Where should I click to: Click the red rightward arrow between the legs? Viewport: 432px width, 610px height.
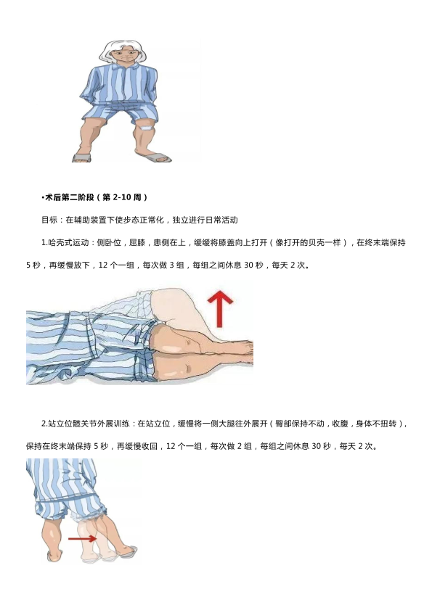coord(82,538)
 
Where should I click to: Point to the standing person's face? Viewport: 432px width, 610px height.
coord(123,54)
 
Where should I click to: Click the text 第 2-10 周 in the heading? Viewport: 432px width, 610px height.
coord(121,197)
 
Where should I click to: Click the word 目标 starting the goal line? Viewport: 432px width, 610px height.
coord(49,220)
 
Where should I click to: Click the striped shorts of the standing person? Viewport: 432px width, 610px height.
coord(121,110)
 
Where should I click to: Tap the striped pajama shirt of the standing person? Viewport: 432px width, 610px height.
coord(121,83)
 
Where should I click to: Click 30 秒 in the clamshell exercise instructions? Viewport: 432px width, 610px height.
coord(253,265)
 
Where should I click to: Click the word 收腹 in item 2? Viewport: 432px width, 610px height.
coord(340,424)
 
